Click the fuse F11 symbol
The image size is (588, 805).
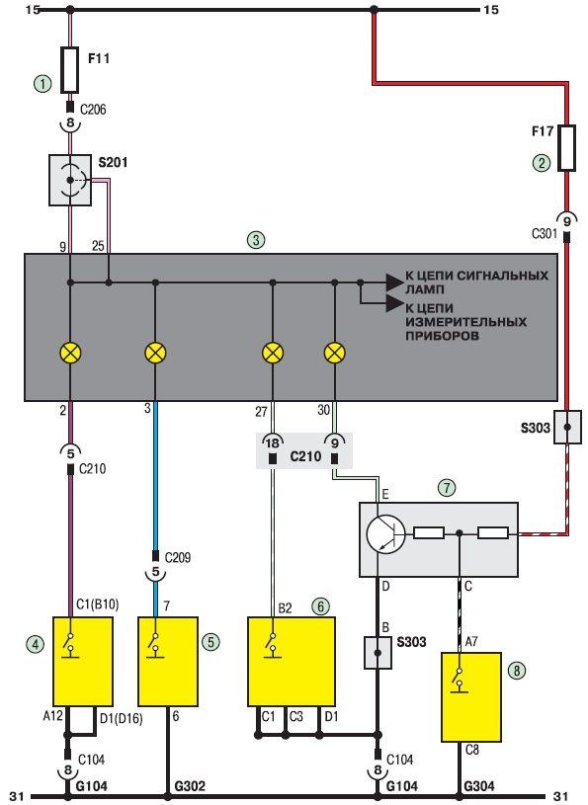pyautogui.click(x=70, y=70)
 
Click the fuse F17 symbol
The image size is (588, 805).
pyautogui.click(x=567, y=148)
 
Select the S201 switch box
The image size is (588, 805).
pyautogui.click(x=70, y=180)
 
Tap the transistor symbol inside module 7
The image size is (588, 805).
pyautogui.click(x=385, y=534)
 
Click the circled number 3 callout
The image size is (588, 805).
pyautogui.click(x=256, y=240)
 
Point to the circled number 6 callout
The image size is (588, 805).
pyautogui.click(x=320, y=606)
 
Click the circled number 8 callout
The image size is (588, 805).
pyautogui.click(x=517, y=670)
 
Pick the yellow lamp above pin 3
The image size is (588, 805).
pyautogui.click(x=155, y=354)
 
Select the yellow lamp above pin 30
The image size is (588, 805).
pyautogui.click(x=335, y=354)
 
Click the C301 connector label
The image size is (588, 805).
pyautogui.click(x=545, y=234)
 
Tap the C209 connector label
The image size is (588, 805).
pyautogui.click(x=178, y=557)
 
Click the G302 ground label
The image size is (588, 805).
pyautogui.click(x=190, y=786)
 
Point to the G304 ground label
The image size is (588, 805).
pyautogui.click(x=479, y=786)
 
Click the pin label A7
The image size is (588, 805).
pyautogui.click(x=471, y=642)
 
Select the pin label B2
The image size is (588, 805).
pyautogui.click(x=285, y=608)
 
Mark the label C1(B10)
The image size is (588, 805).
pyautogui.click(x=98, y=604)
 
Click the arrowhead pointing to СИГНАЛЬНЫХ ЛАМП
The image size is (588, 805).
pyautogui.click(x=394, y=282)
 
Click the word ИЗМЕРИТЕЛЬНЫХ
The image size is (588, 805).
pyautogui.click(x=465, y=322)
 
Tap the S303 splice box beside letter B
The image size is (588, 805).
pyautogui.click(x=378, y=653)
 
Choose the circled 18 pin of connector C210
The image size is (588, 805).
pyautogui.click(x=272, y=443)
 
